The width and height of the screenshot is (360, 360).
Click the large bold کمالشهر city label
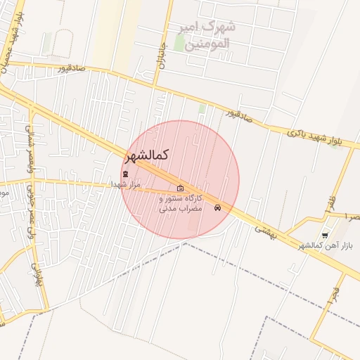pyautogui.click(x=150, y=155)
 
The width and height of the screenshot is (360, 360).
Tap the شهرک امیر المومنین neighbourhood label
pyautogui.click(x=209, y=35)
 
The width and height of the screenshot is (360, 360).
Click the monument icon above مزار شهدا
pyautogui.click(x=125, y=174)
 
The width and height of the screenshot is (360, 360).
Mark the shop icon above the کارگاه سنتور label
pyautogui.click(x=181, y=188)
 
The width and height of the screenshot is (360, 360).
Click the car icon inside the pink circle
pyautogui.click(x=218, y=207)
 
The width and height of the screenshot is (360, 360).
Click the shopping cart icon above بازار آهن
pyautogui.click(x=324, y=235)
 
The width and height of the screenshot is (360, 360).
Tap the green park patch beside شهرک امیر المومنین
pyautogui.click(x=179, y=43)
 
